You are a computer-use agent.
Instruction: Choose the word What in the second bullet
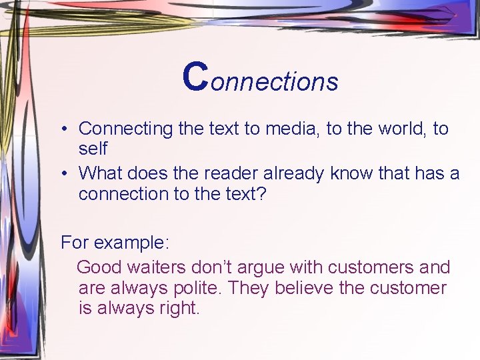(x=99, y=174)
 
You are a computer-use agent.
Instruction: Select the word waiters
(x=153, y=267)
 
